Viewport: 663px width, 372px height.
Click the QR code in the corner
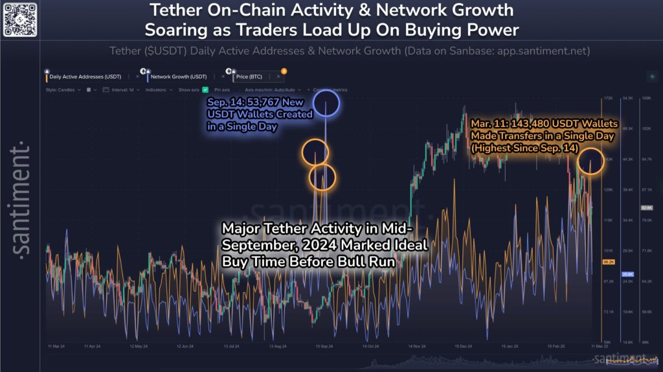[x=18, y=19]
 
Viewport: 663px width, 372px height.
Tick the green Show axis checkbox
[x=205, y=90]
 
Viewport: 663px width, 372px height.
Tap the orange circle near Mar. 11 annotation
[x=590, y=161]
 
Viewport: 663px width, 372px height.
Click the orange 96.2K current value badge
[x=608, y=262]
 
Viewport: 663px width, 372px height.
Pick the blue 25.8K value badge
[x=627, y=274]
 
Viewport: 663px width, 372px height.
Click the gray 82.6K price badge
[x=646, y=208]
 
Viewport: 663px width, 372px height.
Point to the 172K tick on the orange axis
[x=608, y=98]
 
